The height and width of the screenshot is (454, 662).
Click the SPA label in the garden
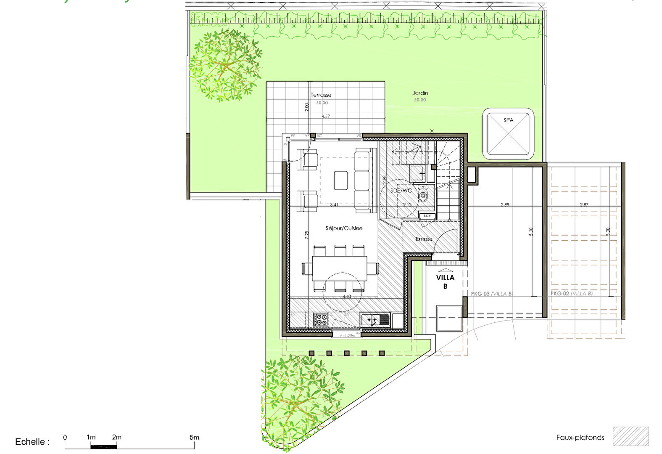click(x=508, y=120)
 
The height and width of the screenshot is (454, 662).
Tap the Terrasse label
click(x=321, y=95)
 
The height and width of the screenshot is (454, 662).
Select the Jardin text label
click(x=420, y=93)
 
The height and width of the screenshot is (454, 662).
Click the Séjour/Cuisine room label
click(x=344, y=228)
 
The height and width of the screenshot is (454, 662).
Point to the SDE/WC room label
click(x=401, y=191)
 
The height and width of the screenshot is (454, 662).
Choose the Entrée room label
click(x=424, y=239)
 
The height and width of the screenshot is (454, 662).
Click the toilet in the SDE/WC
click(x=423, y=194)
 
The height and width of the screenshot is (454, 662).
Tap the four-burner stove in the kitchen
click(x=320, y=320)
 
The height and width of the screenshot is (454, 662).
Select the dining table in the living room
click(x=340, y=268)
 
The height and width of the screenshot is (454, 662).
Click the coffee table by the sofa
click(x=341, y=180)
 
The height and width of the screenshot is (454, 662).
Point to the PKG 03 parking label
click(x=491, y=294)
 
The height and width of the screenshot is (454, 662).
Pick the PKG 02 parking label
click(x=571, y=293)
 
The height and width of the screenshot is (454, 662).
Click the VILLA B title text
click(x=445, y=281)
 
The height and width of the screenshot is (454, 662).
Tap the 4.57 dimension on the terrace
click(x=326, y=116)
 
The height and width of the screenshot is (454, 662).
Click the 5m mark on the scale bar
click(x=194, y=438)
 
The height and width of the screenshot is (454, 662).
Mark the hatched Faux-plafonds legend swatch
click(x=630, y=436)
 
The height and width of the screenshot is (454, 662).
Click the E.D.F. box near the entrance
click(x=427, y=216)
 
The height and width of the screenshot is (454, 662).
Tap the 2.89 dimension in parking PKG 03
click(x=505, y=205)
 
